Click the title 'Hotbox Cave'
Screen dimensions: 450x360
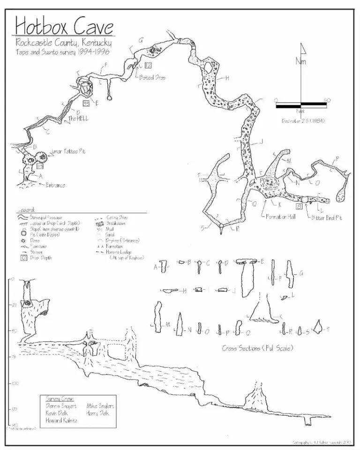[x=65, y=26]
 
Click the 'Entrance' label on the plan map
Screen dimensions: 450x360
[x=55, y=185]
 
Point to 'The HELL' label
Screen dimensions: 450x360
[x=78, y=119]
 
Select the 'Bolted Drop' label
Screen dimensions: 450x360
[x=152, y=77]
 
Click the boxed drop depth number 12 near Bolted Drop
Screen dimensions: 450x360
[x=148, y=65]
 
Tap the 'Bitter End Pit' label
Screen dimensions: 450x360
[x=326, y=218]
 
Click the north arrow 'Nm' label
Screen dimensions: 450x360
[x=300, y=62]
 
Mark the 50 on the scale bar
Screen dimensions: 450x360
[x=327, y=99]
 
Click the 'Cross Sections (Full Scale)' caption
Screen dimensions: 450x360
[x=257, y=348]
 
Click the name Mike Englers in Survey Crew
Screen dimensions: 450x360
[x=100, y=406]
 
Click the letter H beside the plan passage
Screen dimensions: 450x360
[x=227, y=78]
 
